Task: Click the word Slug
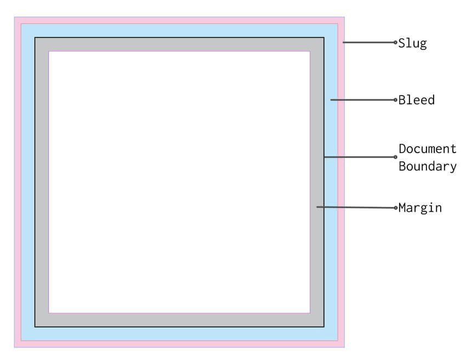pos(412,43)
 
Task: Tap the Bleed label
pos(416,100)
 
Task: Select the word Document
pos(427,149)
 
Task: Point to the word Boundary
pos(427,167)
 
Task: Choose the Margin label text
pos(420,208)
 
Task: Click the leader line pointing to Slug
pos(368,42)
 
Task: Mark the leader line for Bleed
pos(362,100)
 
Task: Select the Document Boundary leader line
pos(359,157)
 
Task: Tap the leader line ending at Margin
pos(355,207)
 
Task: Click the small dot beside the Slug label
pos(395,42)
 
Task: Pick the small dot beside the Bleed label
pos(395,100)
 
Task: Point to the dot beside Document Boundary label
pos(395,157)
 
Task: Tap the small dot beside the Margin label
pos(395,208)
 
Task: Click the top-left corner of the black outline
pos(35,38)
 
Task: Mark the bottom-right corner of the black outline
pos(324,327)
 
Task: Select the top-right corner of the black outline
pos(324,38)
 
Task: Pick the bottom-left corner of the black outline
pos(35,327)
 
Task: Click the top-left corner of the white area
pos(49,52)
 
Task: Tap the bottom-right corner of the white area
pos(310,312)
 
